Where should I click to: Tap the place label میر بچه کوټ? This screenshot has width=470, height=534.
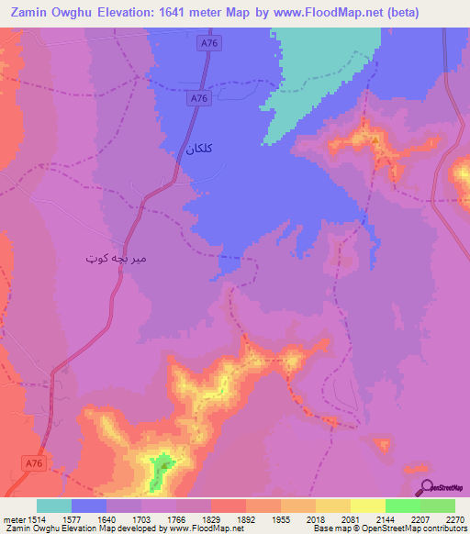pyautogui.click(x=114, y=259)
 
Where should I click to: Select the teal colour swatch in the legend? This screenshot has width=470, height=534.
pyautogui.click(x=54, y=506)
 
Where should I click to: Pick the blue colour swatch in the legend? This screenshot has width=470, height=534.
pyautogui.click(x=89, y=506)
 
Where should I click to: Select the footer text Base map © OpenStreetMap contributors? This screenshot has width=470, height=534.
pyautogui.click(x=388, y=528)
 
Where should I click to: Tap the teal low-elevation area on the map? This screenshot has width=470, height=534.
pyautogui.click(x=321, y=69)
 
